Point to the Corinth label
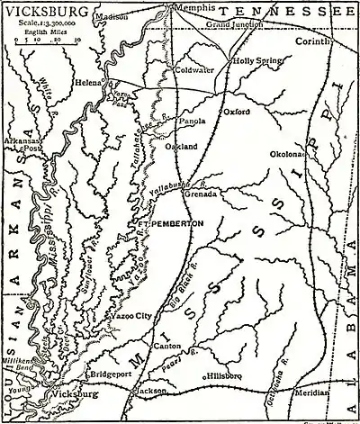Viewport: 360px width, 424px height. point(333,42)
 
